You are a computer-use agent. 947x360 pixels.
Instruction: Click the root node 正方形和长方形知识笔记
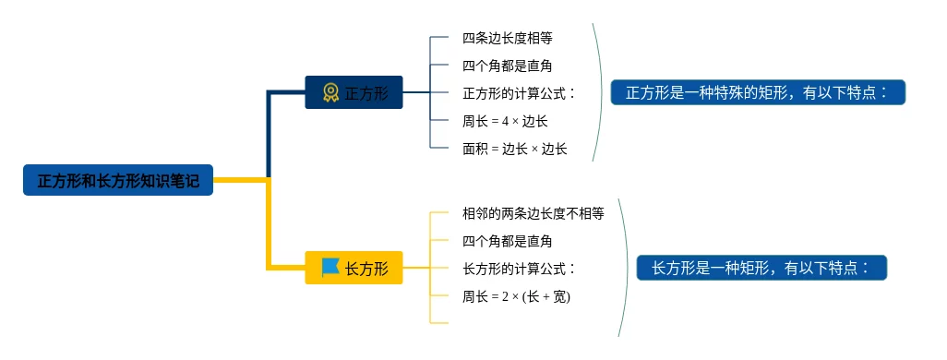coord(118,180)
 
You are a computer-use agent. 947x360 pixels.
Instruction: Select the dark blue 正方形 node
coord(354,92)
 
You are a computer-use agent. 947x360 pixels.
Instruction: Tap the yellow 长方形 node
coord(354,268)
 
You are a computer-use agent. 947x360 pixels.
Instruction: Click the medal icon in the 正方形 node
coord(330,92)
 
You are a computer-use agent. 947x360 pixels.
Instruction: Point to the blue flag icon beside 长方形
coord(330,267)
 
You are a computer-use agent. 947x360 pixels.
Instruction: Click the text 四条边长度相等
coord(508,38)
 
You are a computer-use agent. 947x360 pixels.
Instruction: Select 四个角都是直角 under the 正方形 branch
coord(508,66)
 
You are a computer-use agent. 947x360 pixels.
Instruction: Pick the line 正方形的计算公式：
coord(519,93)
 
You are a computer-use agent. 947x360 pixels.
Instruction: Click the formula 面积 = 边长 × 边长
coord(515,150)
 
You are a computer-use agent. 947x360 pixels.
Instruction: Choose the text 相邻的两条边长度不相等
coord(533,213)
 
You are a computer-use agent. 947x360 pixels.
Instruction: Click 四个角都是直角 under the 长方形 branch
coord(508,242)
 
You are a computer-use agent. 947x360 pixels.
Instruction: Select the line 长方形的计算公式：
coord(519,269)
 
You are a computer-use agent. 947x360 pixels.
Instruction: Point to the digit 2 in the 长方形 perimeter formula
coord(505,297)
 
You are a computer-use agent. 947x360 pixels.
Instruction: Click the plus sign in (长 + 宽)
coord(546,297)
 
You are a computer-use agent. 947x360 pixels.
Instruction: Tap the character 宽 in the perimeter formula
coord(559,297)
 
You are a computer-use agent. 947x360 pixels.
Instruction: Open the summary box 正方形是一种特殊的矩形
coord(758,92)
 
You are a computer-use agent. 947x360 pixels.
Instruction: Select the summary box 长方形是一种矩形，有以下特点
coord(761,268)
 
